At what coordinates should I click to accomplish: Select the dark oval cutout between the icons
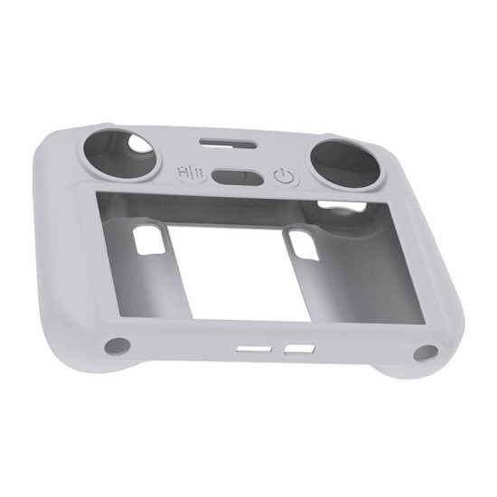pos(233,173)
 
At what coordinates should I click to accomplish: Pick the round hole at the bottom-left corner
pos(114,344)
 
